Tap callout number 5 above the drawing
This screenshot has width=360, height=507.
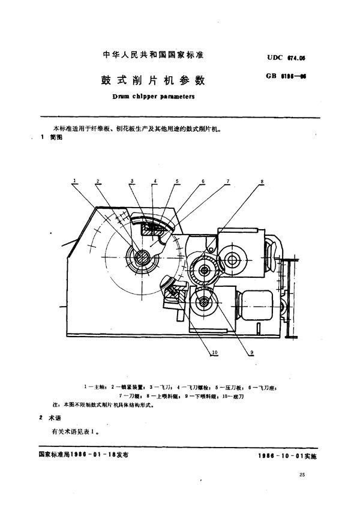coord(177,180)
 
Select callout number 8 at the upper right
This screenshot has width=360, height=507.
coord(262,180)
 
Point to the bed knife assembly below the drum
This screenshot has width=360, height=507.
coord(173,294)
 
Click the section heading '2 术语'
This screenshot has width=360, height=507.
coord(47,418)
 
